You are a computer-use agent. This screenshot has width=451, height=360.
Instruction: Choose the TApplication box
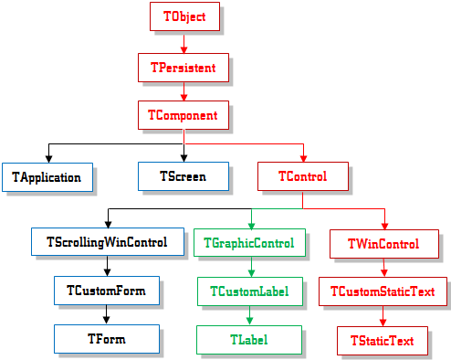(47, 176)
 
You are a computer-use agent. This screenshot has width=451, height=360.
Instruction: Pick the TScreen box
(184, 176)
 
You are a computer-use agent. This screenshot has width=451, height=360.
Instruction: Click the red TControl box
(303, 176)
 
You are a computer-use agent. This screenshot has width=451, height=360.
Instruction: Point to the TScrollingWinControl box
(108, 243)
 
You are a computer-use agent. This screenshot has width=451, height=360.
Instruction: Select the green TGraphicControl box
(250, 243)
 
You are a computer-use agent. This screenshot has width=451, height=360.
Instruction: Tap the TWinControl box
(383, 244)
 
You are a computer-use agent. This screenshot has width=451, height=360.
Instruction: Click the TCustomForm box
(107, 291)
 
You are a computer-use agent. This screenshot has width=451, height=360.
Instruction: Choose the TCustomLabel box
(250, 291)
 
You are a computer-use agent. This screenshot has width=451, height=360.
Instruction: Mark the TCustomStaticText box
(383, 291)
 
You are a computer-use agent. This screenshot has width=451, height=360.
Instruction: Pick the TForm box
(107, 339)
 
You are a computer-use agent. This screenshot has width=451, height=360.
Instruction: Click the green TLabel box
(250, 339)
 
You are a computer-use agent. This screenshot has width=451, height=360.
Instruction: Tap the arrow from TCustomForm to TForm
(107, 315)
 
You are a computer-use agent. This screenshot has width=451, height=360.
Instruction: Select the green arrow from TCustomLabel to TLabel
(250, 315)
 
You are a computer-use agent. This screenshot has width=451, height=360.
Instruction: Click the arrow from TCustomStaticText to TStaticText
(383, 316)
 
